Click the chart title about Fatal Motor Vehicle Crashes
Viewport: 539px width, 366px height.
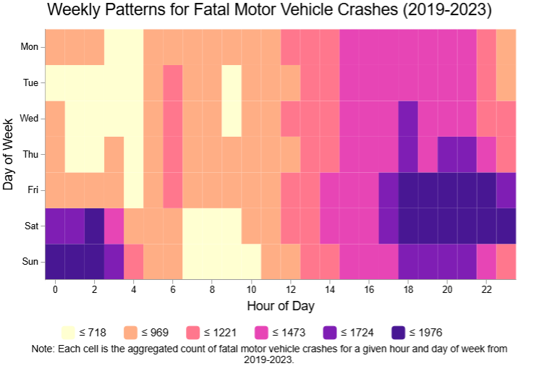click(269, 11)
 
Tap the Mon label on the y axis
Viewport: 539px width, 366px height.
click(30, 47)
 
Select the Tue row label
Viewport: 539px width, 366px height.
click(30, 82)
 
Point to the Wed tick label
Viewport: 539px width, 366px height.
click(30, 119)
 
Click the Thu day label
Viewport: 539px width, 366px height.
click(30, 154)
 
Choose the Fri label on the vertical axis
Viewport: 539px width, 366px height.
click(33, 190)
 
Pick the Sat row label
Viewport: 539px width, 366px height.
click(31, 226)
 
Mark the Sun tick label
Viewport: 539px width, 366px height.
click(30, 261)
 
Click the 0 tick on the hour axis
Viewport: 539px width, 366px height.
click(55, 289)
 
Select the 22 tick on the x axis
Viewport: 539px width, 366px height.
click(486, 289)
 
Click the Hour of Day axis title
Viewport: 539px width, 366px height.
click(281, 306)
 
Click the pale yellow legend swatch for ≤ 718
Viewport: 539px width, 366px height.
click(68, 333)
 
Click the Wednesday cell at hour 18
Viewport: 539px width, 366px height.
click(408, 119)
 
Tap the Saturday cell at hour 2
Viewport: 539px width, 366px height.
click(94, 226)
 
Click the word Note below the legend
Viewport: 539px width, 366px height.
click(44, 349)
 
